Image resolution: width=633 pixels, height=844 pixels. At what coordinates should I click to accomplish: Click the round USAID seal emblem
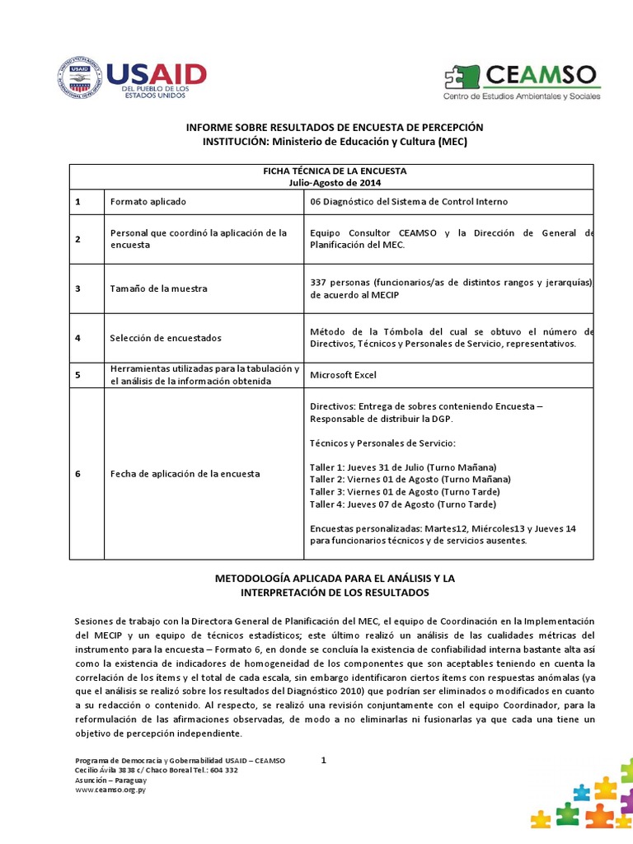click(x=80, y=78)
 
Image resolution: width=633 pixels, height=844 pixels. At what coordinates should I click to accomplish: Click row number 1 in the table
click(x=77, y=202)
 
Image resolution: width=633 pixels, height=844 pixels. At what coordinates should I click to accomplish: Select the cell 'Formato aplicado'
click(x=148, y=202)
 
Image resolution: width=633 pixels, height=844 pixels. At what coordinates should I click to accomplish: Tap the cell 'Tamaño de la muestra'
click(x=158, y=288)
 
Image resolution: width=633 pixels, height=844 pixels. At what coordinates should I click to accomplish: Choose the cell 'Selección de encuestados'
click(x=165, y=338)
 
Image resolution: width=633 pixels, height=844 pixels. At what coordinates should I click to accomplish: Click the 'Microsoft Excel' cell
click(x=343, y=375)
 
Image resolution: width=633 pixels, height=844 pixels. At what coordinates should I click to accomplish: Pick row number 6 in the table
click(x=77, y=474)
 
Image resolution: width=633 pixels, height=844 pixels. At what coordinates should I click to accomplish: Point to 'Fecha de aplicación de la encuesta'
click(x=185, y=474)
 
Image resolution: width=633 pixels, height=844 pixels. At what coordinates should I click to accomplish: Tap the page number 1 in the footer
click(x=324, y=761)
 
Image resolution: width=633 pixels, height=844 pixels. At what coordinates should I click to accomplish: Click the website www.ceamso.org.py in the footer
click(x=110, y=789)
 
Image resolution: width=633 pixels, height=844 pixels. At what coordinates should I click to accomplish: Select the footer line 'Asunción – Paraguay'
click(x=110, y=780)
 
